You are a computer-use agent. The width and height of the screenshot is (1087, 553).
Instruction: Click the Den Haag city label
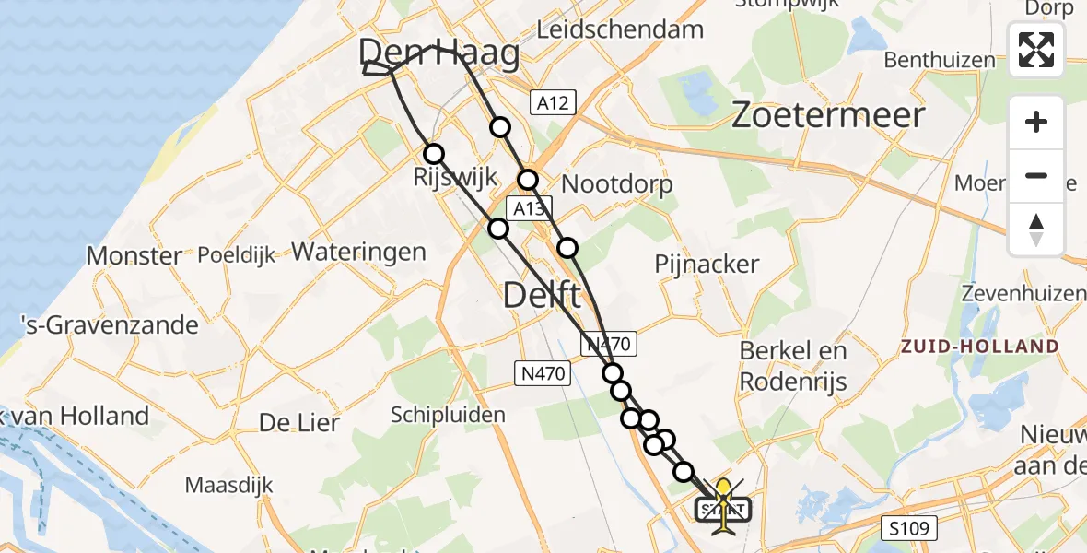pos(438,53)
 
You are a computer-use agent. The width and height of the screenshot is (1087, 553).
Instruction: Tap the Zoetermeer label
pos(827,115)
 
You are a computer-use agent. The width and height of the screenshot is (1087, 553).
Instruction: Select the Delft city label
pos(542,296)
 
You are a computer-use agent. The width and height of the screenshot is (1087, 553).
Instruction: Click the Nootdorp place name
pos(616,183)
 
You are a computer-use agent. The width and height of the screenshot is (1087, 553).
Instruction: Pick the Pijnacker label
pos(707,265)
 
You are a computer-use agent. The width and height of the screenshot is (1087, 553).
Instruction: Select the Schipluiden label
pos(448,415)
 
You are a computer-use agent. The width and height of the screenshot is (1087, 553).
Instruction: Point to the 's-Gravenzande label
pos(111,325)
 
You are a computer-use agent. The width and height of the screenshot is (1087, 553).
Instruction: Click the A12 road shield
pos(553,102)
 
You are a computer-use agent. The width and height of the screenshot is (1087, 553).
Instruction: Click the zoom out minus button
pos(1036,175)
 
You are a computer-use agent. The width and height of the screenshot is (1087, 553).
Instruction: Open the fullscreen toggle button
pos(1036,50)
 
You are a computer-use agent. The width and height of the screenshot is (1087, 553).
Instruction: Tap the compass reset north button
pos(1036,229)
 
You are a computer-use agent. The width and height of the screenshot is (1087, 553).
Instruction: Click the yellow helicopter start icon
pos(723,505)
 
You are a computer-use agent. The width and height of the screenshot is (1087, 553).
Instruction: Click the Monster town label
pos(134,255)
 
